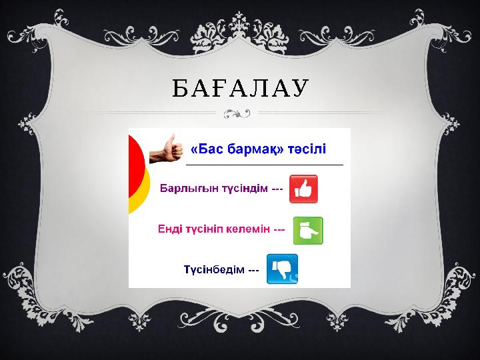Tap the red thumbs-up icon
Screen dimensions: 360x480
point(303,189)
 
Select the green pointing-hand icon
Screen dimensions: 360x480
point(308,230)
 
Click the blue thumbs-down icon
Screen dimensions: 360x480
point(282,269)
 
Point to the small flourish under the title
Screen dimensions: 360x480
point(238,113)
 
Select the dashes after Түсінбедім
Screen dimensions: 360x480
point(253,270)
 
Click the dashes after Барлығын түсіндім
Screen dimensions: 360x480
point(278,190)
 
